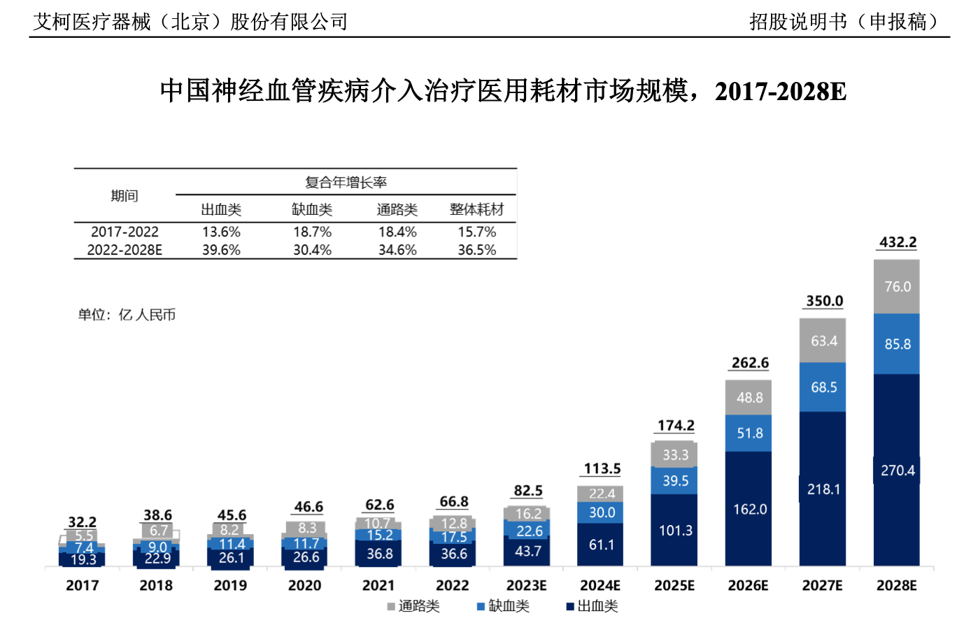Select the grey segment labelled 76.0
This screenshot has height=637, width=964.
[896, 286]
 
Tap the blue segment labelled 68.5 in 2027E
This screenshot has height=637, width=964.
[823, 387]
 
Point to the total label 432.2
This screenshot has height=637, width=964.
[898, 242]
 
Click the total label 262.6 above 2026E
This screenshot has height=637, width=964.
[749, 363]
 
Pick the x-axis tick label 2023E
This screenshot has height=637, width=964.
[526, 585]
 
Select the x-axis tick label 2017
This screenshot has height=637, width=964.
[83, 585]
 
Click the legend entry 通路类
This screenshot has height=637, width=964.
[413, 606]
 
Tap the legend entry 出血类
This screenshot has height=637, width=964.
[593, 606]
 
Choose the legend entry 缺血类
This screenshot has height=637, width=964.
[503, 606]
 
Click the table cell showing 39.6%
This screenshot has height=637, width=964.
[221, 250]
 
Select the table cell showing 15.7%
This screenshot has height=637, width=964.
[476, 232]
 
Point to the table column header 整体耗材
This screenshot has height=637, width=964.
[476, 209]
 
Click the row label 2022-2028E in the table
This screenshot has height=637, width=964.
[125, 250]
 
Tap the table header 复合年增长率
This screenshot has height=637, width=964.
[346, 182]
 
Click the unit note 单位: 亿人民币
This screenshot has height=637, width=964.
[127, 315]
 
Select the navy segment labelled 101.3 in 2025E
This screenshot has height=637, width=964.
[675, 530]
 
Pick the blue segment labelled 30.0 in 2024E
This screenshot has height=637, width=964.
[601, 512]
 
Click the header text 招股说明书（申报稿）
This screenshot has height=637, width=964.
[843, 22]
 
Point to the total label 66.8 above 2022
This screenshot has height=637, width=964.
[453, 502]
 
